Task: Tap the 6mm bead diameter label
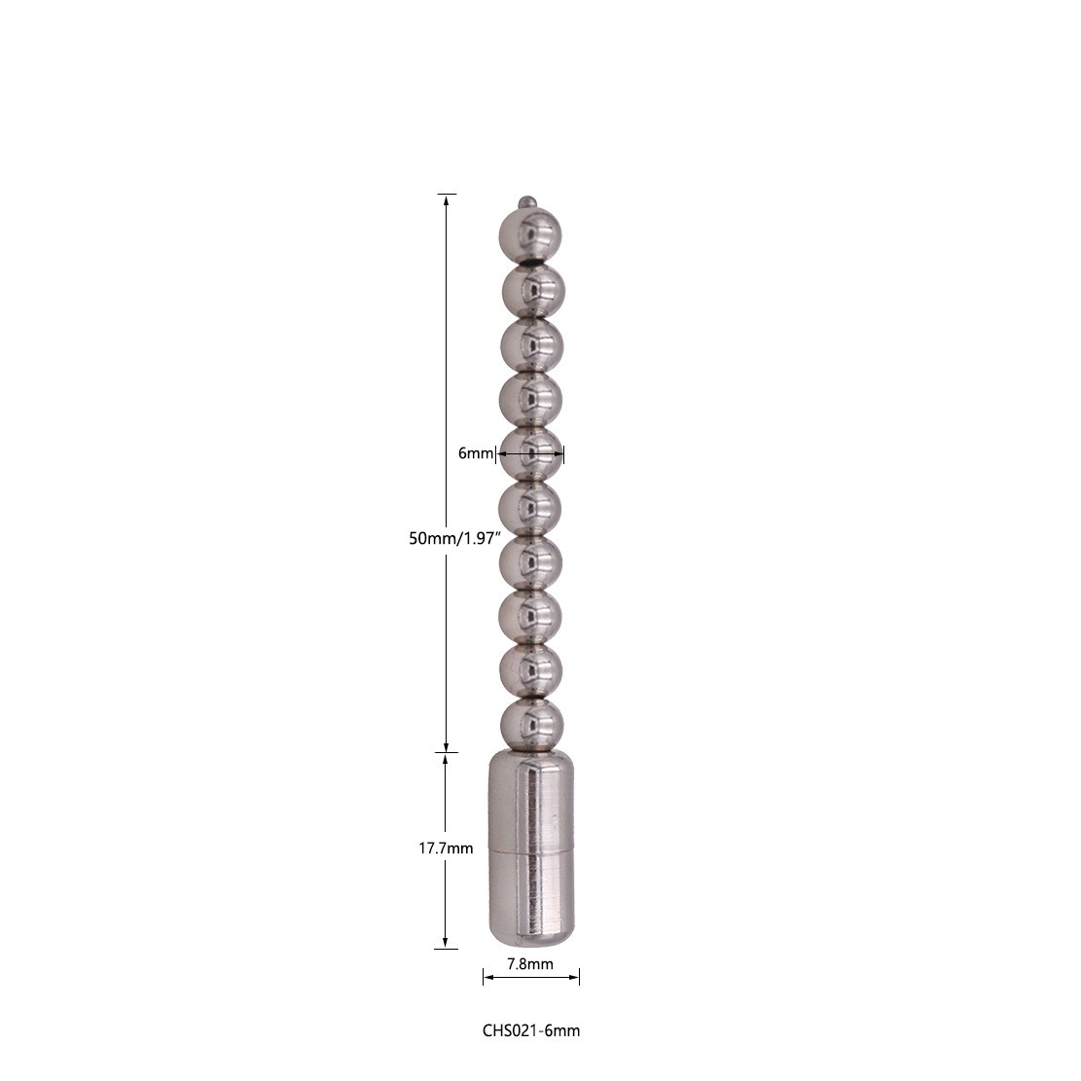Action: [x=476, y=453]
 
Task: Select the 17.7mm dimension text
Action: [x=446, y=848]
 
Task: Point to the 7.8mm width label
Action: [x=530, y=964]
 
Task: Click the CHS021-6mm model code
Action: [x=531, y=1029]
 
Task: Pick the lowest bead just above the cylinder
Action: [x=531, y=724]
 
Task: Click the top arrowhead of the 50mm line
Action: [x=447, y=200]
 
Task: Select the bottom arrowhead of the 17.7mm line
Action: [x=446, y=941]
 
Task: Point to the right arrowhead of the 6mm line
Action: [x=559, y=453]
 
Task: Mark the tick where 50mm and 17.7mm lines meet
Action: [x=446, y=751]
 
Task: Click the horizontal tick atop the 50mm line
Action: [x=447, y=194]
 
